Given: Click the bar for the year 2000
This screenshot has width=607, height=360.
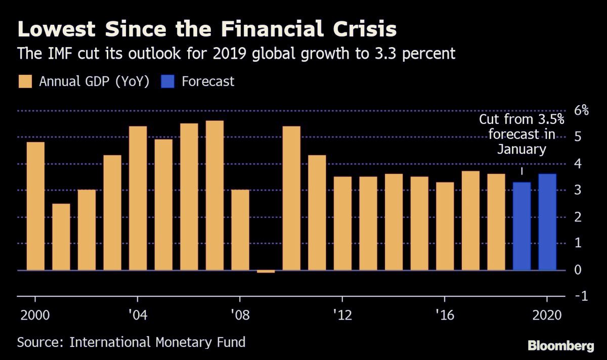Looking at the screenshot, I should point(35,206).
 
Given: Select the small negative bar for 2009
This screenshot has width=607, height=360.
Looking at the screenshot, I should point(266,272).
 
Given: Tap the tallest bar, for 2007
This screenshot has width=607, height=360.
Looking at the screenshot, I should point(214,195).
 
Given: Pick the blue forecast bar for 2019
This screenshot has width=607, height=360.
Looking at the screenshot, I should point(522,226).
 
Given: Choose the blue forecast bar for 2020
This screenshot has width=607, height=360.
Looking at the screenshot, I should point(547,222).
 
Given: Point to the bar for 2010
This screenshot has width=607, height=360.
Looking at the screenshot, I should point(291,198).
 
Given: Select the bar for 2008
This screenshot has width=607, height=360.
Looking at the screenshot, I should point(240,230).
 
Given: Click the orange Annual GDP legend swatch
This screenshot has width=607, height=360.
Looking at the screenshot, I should point(25,81).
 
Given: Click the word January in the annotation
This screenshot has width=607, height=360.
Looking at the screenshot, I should point(522,149).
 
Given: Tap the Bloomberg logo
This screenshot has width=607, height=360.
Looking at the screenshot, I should point(560,346).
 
